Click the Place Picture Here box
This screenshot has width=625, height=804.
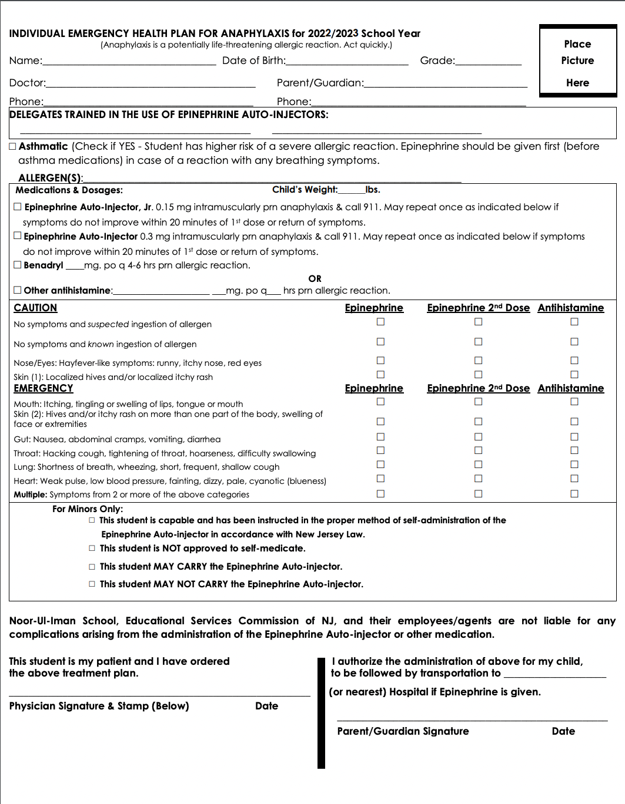577,61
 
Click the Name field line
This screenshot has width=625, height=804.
129,61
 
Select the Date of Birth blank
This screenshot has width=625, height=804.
347,61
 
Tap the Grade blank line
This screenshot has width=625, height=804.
488,61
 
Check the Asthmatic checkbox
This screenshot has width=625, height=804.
13,147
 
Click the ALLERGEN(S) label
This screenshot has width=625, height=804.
50,178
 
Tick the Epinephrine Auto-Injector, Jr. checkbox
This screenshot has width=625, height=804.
18,207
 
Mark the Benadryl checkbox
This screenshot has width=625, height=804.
18,265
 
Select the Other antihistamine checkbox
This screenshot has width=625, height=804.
18,290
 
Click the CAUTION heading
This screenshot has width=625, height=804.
35,308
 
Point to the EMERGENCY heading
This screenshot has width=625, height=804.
44,388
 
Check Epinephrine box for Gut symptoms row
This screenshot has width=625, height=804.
380,437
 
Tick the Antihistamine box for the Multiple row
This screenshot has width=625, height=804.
574,494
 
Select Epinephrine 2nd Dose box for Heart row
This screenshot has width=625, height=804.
478,479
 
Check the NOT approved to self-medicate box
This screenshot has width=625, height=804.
92,549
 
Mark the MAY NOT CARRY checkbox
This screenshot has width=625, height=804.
92,584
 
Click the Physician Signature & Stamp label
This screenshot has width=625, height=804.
99,706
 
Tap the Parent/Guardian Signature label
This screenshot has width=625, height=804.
403,731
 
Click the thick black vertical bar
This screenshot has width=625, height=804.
321,713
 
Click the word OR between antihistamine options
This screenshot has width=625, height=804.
315,278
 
